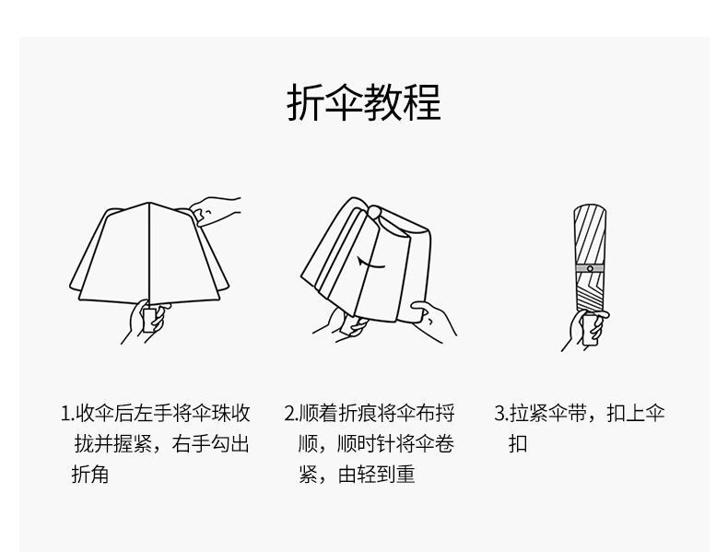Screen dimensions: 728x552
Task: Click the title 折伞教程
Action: pos(364,102)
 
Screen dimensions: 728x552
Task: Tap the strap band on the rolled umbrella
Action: pos(589,268)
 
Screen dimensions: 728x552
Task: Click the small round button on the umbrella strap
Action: pos(589,268)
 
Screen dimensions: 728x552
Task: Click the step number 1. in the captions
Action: pos(66,413)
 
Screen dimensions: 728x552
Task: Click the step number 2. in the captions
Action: pos(289,413)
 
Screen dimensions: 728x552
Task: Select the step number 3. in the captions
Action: pos(500,413)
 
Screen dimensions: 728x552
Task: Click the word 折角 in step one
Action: pos(90,476)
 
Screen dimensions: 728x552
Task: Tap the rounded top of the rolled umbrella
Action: pos(590,210)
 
